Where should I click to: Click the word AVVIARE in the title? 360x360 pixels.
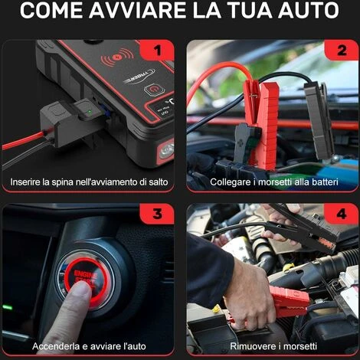coord(137,11)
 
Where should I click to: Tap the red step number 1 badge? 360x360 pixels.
coord(157,50)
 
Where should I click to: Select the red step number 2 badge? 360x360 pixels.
coord(342,50)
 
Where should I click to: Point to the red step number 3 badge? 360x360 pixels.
coord(157,214)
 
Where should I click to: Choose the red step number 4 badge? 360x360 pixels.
coord(342,214)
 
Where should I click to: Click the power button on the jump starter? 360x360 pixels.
coord(153,90)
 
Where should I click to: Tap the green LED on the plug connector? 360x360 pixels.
coord(89,112)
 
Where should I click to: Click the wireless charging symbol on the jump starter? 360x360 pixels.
coord(117,58)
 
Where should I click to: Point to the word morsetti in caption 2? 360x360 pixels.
coord(275,182)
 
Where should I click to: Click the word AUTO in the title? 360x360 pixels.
coord(309,11)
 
